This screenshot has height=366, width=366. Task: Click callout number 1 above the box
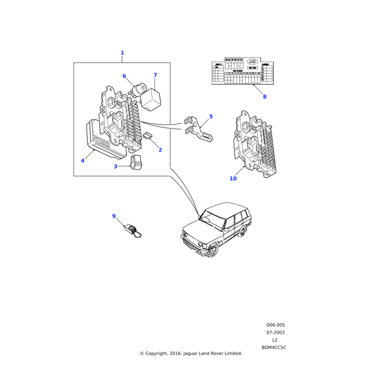pos(122,53)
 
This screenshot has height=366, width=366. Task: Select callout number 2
pos(160,149)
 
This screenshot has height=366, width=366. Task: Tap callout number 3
pos(115,167)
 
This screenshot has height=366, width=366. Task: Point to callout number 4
pos(82,160)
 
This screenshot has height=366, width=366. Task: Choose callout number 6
pos(124,76)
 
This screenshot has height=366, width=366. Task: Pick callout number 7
pos(155,76)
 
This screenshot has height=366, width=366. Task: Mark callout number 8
pos(264,96)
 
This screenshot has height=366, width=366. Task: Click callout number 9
pos(113,216)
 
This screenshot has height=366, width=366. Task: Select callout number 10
pos(233,179)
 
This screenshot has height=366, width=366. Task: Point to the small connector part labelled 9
pos(132,231)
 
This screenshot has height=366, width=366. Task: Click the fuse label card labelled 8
pos(242,71)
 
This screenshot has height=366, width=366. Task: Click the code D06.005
pos(275,325)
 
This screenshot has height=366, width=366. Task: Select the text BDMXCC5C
pos(274,347)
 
